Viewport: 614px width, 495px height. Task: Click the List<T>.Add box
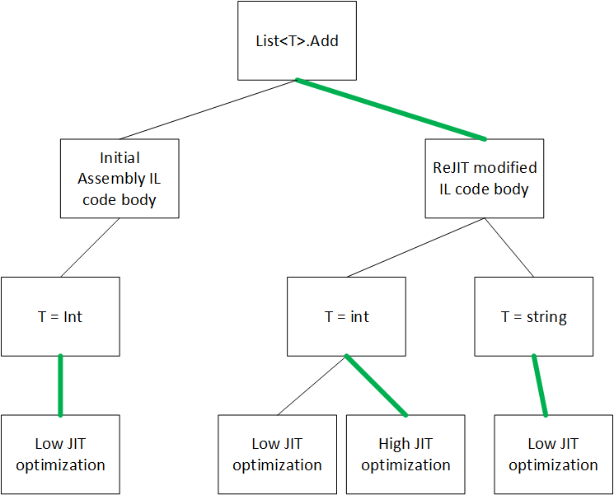[x=297, y=40]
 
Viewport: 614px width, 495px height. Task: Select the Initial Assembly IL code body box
[x=120, y=179]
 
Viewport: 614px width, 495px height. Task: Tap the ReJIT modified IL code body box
[x=485, y=179]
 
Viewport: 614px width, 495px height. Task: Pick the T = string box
[x=534, y=316]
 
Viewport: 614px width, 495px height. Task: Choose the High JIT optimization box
[x=405, y=455]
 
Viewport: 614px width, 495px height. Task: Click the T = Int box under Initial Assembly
[x=60, y=316]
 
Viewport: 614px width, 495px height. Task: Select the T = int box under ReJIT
[x=346, y=316]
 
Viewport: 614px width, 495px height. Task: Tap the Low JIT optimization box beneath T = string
[x=553, y=455]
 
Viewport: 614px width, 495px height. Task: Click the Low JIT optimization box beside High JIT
[x=277, y=455]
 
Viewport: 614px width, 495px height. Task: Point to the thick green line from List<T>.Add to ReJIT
[x=391, y=110]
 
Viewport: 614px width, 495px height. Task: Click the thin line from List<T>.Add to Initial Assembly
[x=208, y=110]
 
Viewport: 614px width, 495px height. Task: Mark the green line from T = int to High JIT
[x=376, y=385]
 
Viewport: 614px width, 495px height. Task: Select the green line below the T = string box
[x=540, y=385]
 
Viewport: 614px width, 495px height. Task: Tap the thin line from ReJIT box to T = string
[x=509, y=247]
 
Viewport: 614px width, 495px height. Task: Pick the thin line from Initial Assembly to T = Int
[x=90, y=247]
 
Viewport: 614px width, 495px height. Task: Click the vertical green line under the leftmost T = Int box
[x=60, y=385]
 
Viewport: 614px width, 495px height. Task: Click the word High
[x=391, y=444]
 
